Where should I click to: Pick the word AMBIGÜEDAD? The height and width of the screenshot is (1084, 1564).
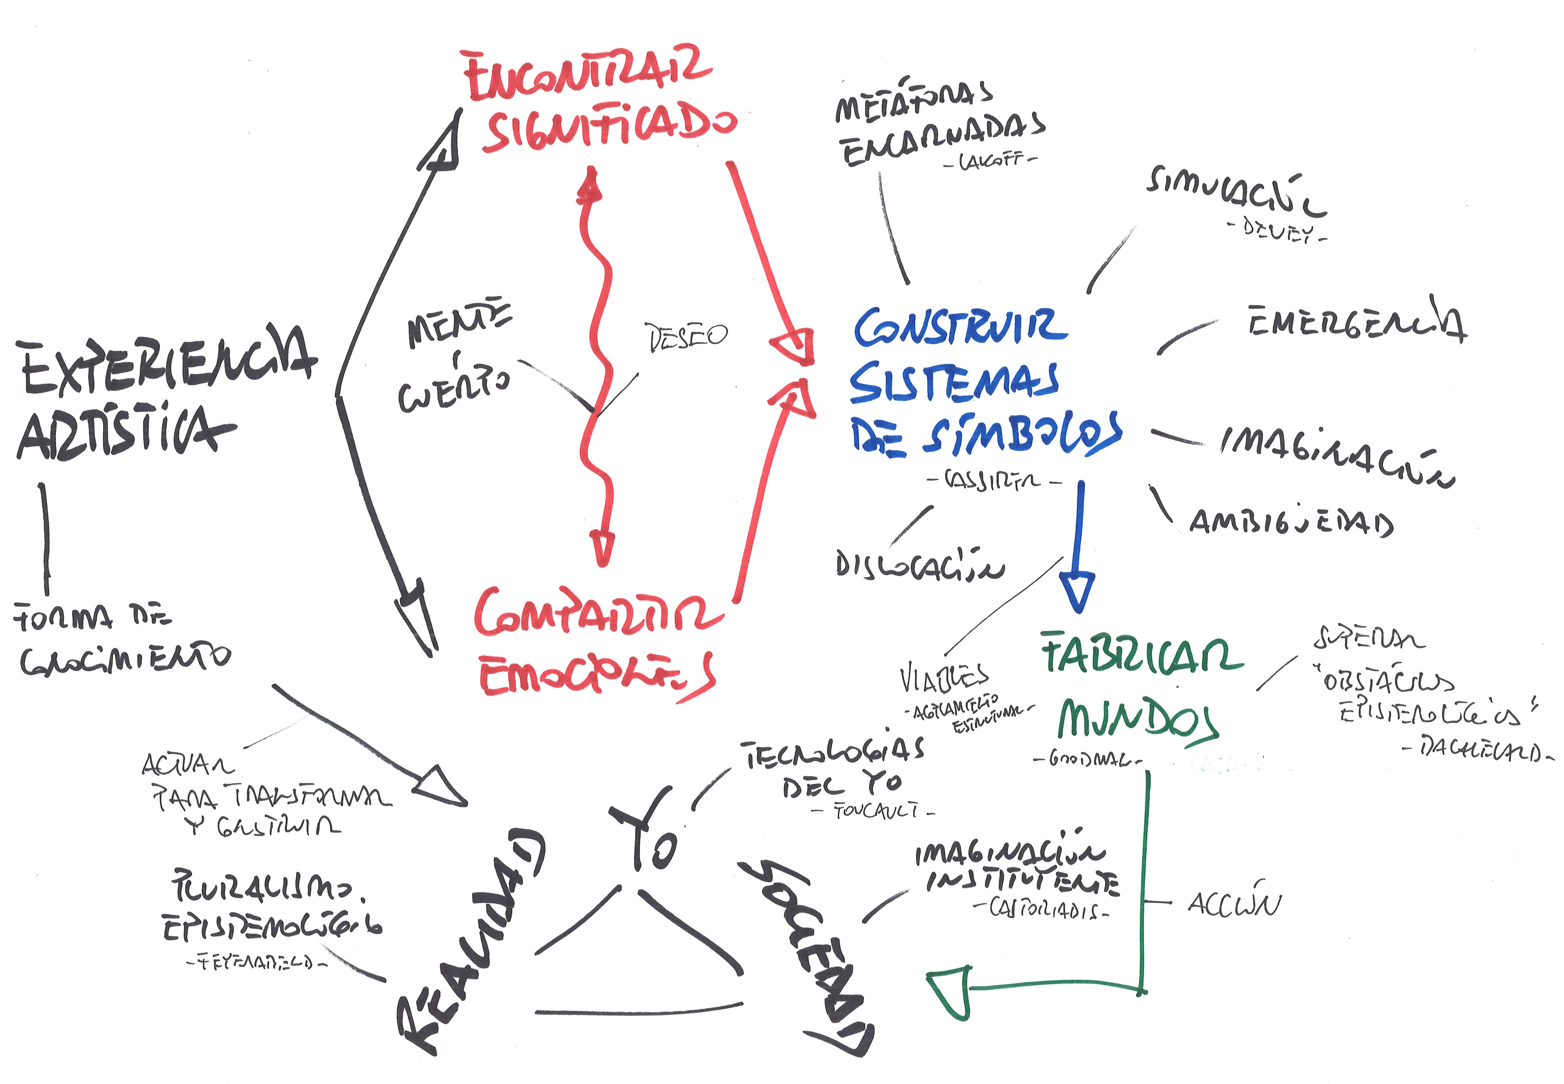[x=1291, y=523]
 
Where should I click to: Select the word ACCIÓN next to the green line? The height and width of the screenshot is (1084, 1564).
[x=1233, y=903]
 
